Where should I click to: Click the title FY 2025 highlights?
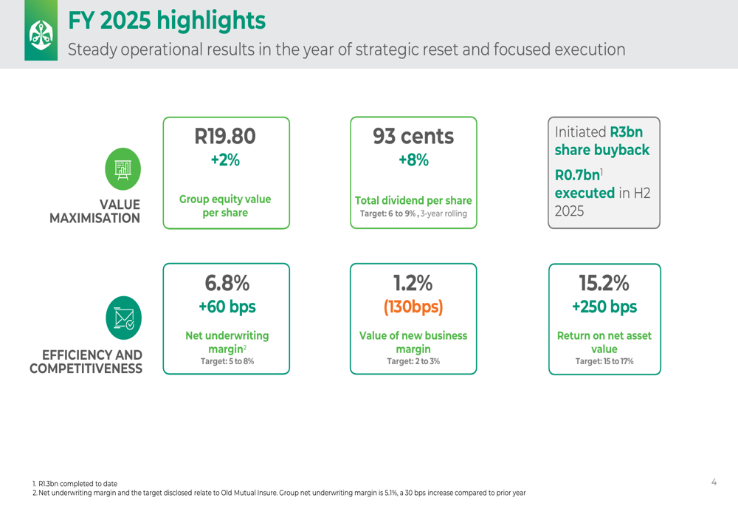point(167,21)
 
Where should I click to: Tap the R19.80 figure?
point(225,136)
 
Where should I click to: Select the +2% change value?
point(225,160)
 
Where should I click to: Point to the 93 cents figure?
point(413,136)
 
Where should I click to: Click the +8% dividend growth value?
point(413,160)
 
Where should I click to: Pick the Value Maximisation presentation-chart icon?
point(123,169)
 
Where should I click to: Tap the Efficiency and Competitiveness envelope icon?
point(123,318)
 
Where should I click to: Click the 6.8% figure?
point(227,283)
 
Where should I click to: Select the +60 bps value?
point(227,307)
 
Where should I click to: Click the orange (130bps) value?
point(413,307)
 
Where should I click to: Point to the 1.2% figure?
point(413,283)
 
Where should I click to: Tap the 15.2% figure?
point(604,283)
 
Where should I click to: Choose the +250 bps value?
point(604,307)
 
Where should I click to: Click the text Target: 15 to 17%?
point(604,361)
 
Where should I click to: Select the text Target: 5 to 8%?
point(227,361)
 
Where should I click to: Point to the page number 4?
point(714,482)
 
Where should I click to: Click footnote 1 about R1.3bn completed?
point(75,484)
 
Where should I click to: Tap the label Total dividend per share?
point(413,200)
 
